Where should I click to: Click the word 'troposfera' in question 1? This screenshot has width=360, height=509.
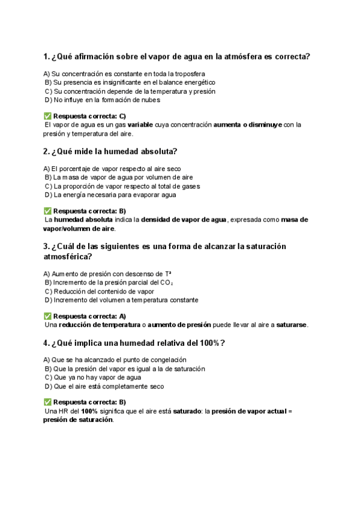pos(188,73)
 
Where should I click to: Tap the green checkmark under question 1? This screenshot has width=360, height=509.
pos(47,116)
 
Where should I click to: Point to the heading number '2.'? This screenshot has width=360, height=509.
pos(47,151)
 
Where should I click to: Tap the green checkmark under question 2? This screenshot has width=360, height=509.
pos(47,211)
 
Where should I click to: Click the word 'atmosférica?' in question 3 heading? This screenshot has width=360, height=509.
pos(68,256)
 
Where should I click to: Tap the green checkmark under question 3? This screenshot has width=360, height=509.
pos(47,316)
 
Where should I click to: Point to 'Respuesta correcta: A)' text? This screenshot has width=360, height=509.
pos(89,316)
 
